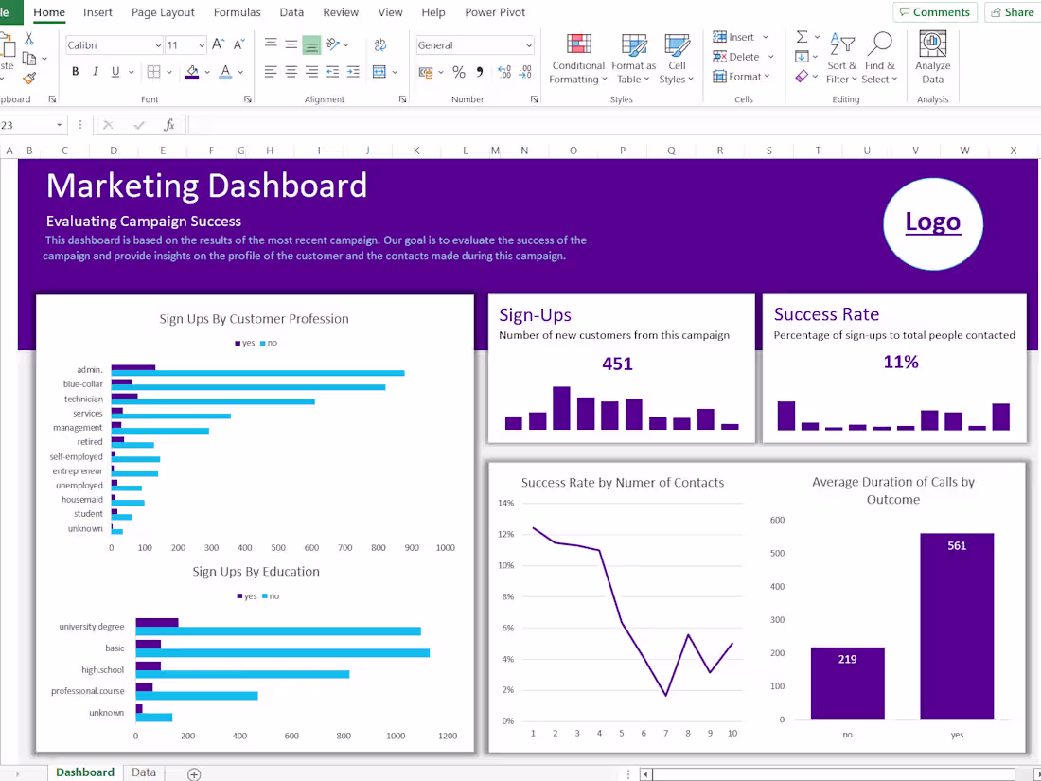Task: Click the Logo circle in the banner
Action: (932, 223)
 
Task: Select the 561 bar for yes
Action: (957, 626)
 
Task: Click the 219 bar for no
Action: (847, 683)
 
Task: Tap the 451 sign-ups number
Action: (617, 364)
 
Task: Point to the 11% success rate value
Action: (900, 362)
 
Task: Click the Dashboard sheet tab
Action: (84, 772)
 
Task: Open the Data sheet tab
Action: (144, 772)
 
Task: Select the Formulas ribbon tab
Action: (238, 12)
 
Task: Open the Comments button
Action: (934, 12)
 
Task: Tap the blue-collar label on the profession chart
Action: (83, 384)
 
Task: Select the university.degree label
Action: (91, 627)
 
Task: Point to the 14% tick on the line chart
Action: (506, 504)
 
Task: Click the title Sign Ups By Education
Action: (256, 572)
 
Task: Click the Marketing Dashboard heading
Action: (206, 186)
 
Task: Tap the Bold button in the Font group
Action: (75, 72)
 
